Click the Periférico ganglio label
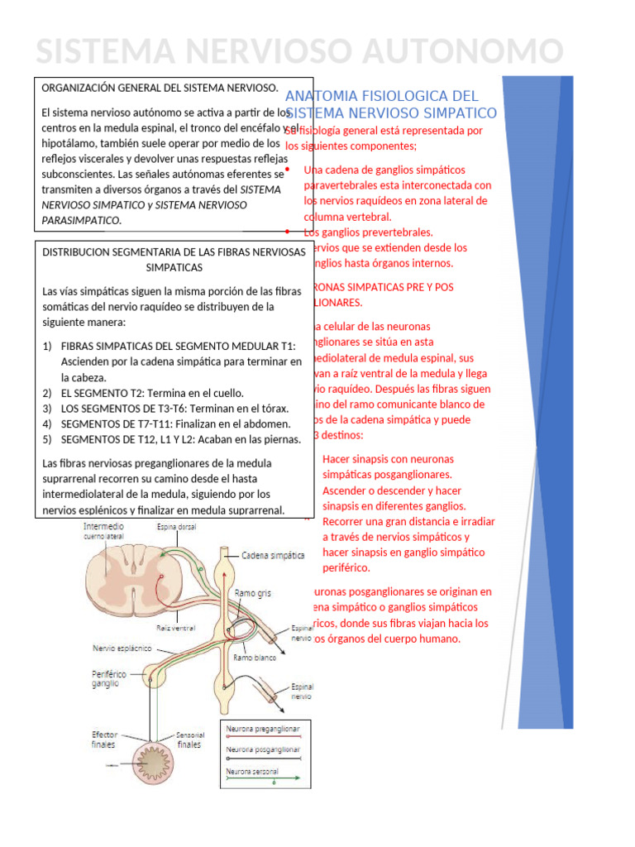109,680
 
